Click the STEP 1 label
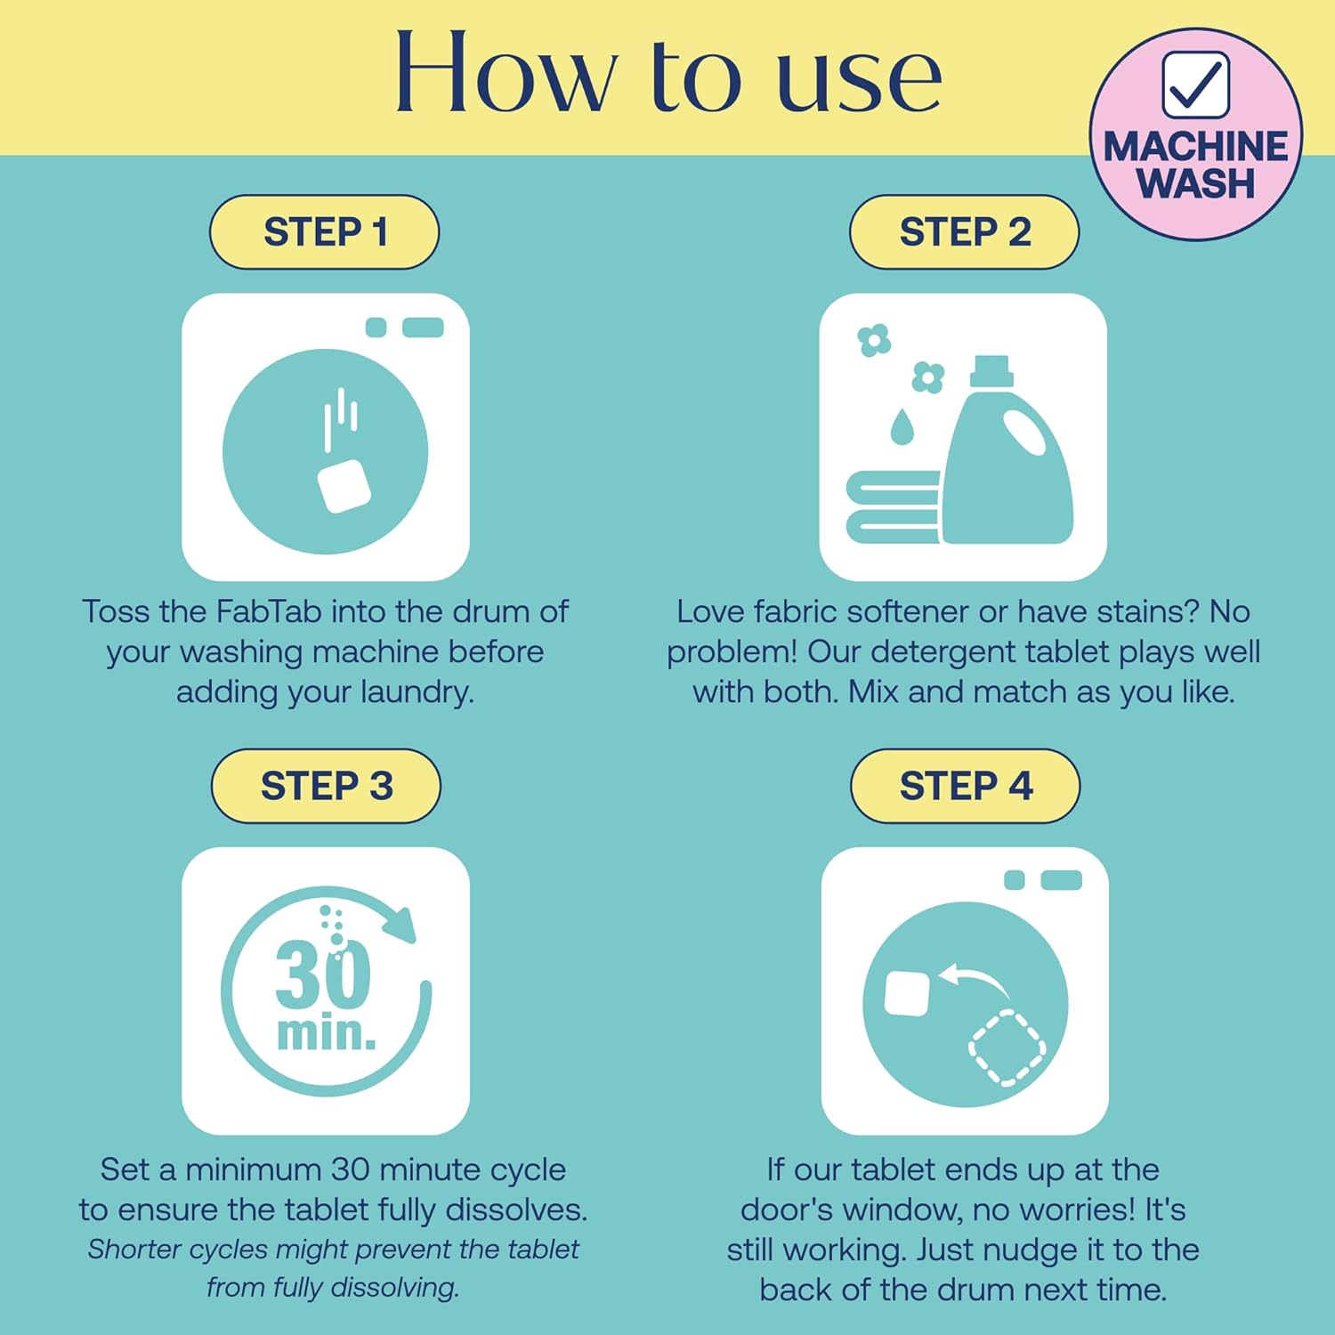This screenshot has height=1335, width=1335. [x=325, y=232]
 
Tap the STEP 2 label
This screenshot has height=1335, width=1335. [x=965, y=232]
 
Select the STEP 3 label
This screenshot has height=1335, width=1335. [x=326, y=786]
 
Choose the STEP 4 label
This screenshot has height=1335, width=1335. [x=966, y=786]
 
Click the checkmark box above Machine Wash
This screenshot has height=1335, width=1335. [x=1196, y=85]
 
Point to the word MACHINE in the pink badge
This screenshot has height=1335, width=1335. [x=1195, y=147]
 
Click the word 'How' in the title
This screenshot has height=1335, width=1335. [x=506, y=72]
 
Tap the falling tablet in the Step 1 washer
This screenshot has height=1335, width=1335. [x=344, y=486]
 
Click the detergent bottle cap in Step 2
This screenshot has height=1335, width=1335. [x=991, y=371]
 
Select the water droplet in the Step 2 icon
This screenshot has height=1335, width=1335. [x=902, y=426]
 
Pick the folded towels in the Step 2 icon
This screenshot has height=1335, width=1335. [x=893, y=506]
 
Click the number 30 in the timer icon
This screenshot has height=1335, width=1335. [x=323, y=974]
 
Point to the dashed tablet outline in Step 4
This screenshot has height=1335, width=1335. [x=1007, y=1048]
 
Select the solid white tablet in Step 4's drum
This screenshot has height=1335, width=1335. [x=908, y=993]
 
